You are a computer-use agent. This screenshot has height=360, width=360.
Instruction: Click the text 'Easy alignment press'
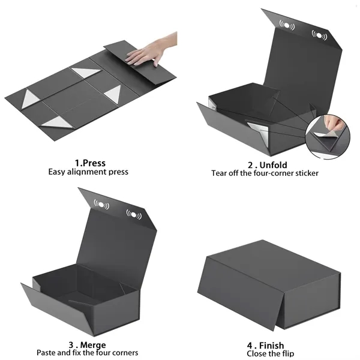[88, 172]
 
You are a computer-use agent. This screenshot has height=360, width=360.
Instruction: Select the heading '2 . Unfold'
[268, 164]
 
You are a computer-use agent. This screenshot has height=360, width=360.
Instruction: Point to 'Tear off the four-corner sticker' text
[265, 173]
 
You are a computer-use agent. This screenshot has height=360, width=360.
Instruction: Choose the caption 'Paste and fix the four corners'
[88, 353]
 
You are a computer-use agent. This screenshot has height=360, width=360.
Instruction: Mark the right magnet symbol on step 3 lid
[133, 214]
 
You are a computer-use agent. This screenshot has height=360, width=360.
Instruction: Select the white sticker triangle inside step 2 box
[256, 130]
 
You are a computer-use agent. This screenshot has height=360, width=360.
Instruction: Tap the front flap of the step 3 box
[60, 312]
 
